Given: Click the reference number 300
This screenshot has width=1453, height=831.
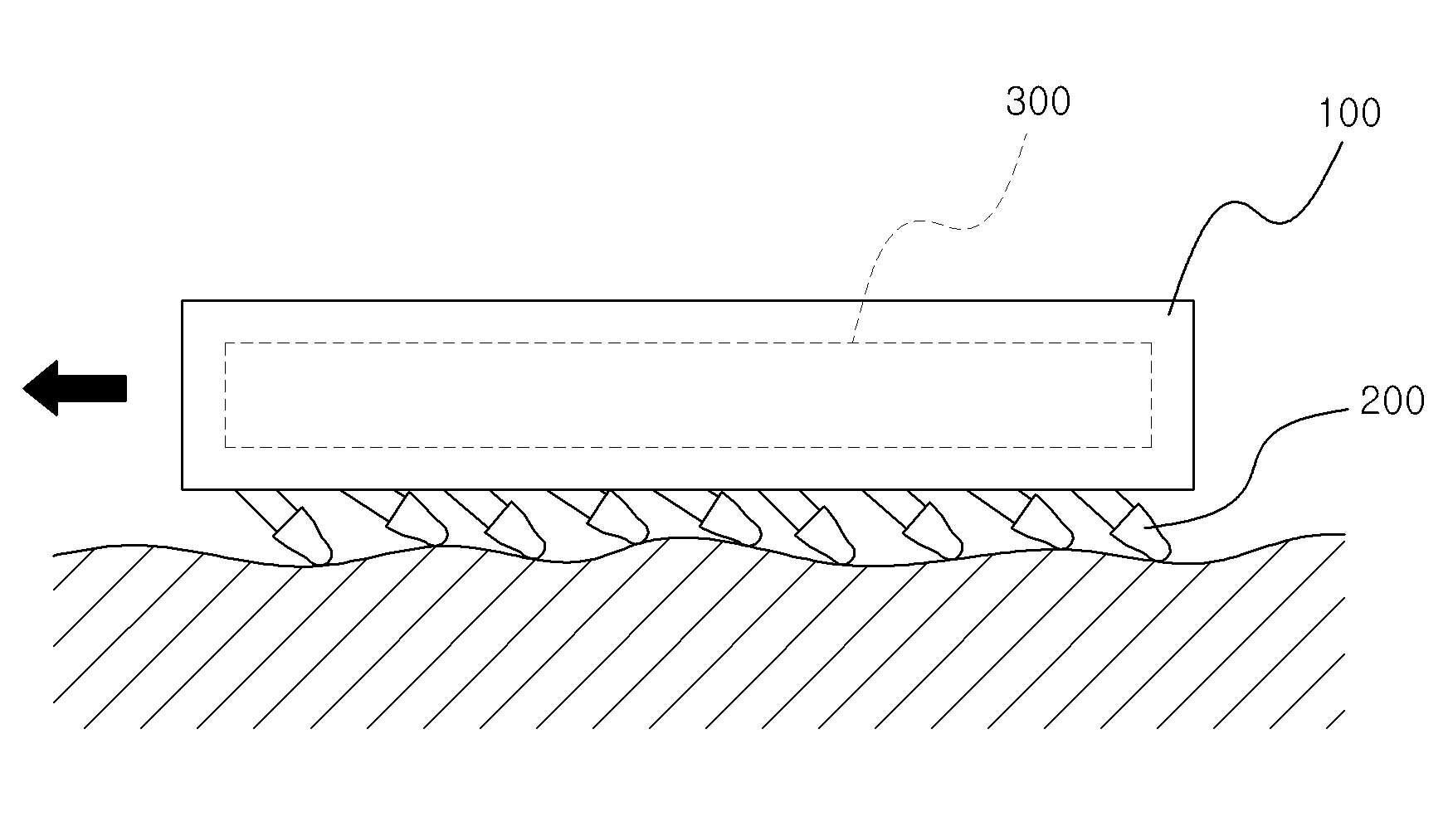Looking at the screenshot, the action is pyautogui.click(x=1038, y=102).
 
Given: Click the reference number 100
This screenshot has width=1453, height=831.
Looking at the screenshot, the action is pyautogui.click(x=1349, y=113).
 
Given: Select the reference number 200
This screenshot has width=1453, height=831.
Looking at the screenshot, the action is pyautogui.click(x=1393, y=401).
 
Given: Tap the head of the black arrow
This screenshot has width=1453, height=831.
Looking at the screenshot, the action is pyautogui.click(x=24, y=388).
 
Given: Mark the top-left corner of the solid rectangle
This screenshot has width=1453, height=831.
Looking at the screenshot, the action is pyautogui.click(x=183, y=300).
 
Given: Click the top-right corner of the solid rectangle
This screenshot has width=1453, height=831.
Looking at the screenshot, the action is pyautogui.click(x=1194, y=300).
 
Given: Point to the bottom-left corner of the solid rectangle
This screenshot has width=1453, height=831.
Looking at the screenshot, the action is pyautogui.click(x=183, y=488).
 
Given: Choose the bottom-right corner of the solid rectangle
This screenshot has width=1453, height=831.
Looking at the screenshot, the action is pyautogui.click(x=1194, y=488).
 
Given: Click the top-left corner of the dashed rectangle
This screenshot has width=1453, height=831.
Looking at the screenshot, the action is pyautogui.click(x=226, y=343).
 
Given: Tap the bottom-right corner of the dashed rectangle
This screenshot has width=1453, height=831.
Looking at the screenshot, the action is pyautogui.click(x=1151, y=447).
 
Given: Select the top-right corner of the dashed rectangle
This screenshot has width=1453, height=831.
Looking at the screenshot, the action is pyautogui.click(x=1151, y=343).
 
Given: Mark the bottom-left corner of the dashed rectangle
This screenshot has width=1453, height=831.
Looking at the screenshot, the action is pyautogui.click(x=226, y=447).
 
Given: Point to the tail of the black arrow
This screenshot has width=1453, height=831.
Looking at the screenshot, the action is pyautogui.click(x=125, y=388).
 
